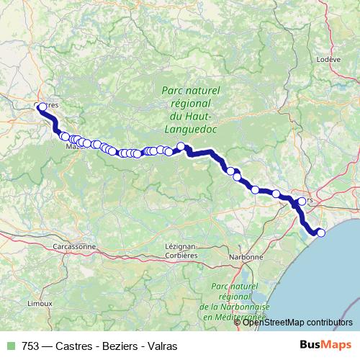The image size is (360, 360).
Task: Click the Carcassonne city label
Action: pyautogui.click(x=74, y=246)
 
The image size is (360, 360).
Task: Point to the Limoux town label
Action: pyautogui.click(x=40, y=303)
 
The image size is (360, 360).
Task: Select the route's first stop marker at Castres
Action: pyautogui.click(x=42, y=107)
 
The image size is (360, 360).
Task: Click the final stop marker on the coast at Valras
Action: pyautogui.click(x=321, y=232)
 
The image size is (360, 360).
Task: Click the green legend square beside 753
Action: pyautogui.click(x=11, y=346)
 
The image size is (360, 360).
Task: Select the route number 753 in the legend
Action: pyautogui.click(x=32, y=346)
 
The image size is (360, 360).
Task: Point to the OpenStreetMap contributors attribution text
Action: pyautogui.click(x=297, y=322)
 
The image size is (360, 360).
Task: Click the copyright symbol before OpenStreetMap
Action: pyautogui.click(x=238, y=322)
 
